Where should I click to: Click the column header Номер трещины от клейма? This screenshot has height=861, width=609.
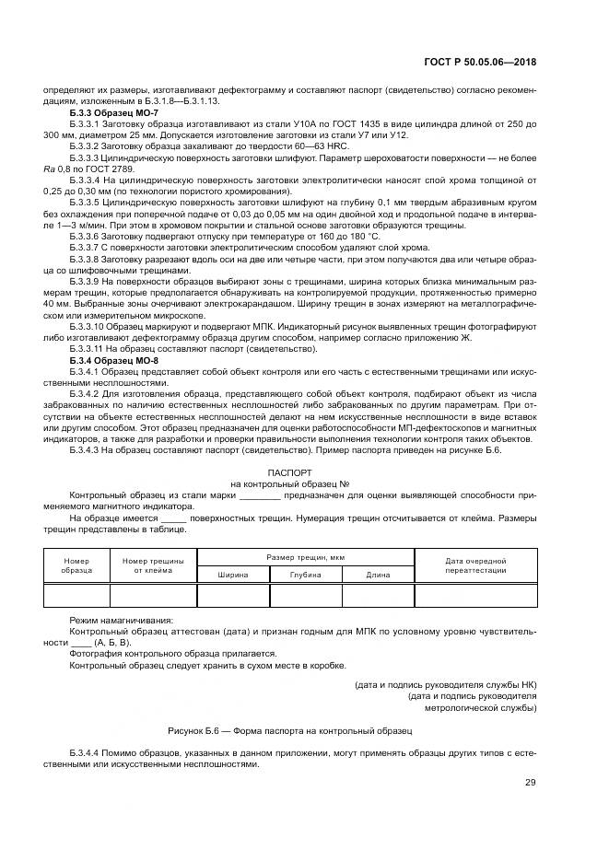coord(153,565)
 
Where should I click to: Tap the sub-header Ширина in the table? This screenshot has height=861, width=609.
coord(232,574)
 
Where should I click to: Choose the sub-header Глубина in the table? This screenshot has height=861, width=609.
coord(305,574)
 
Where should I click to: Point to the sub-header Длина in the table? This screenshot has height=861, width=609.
coord(378,574)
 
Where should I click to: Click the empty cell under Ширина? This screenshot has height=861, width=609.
coord(232,595)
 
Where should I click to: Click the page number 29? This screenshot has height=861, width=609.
coord(530,783)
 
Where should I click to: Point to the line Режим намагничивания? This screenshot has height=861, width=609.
coord(120,620)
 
